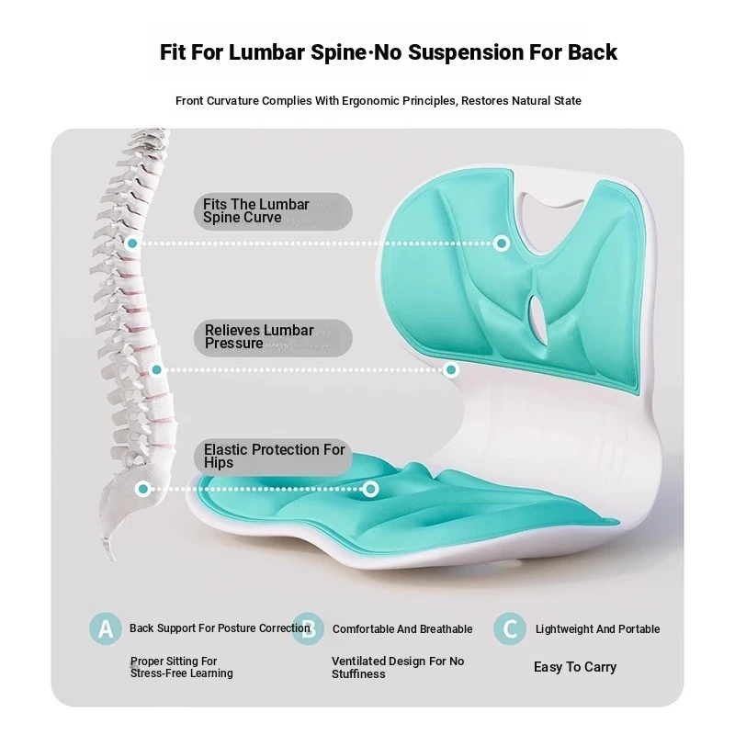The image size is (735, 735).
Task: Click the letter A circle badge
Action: point(106,628)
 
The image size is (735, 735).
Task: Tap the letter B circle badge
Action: point(308,628)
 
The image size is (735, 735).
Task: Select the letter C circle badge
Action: point(510,628)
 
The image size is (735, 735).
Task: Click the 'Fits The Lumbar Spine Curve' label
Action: point(273,211)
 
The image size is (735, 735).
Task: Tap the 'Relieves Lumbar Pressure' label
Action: point(273,337)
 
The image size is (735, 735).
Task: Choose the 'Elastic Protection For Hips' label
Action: point(273,457)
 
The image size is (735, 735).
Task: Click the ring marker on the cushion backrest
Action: point(502,243)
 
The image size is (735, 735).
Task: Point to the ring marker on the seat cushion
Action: point(370,489)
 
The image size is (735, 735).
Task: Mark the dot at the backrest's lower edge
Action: point(451,370)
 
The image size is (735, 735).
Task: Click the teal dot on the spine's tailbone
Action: point(143,489)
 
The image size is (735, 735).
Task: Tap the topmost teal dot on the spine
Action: point(132,243)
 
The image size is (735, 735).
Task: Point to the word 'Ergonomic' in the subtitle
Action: point(369,101)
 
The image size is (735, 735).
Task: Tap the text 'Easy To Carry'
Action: point(575,667)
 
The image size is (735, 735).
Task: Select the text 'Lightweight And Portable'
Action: point(598,629)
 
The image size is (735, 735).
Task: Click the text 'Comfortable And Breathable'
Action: point(402,629)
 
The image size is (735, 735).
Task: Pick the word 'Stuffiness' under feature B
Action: point(358,674)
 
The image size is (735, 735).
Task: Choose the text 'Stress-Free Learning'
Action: point(181,673)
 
